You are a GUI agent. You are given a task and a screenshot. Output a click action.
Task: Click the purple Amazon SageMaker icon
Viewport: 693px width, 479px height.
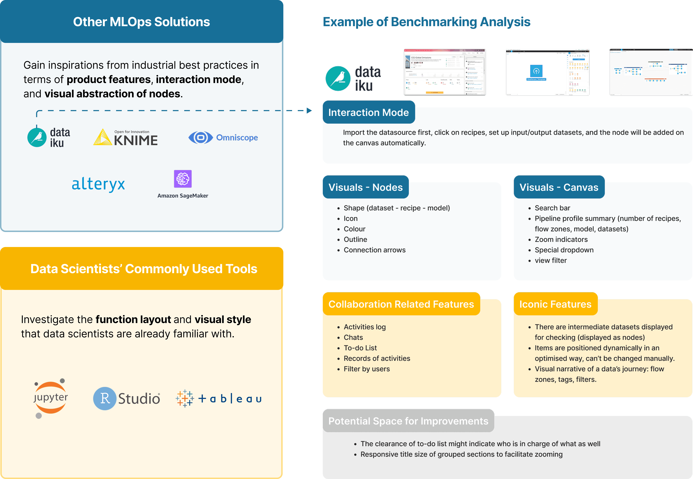[x=183, y=179]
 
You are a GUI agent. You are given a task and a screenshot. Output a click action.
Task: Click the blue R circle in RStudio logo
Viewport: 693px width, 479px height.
[x=104, y=399]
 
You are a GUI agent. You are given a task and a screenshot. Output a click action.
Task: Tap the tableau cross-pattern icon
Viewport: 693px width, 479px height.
[x=185, y=399]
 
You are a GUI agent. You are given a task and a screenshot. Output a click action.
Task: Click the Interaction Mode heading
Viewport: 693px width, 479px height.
[x=368, y=113]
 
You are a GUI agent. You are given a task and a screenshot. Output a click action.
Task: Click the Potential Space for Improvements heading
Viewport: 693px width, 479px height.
[x=408, y=421]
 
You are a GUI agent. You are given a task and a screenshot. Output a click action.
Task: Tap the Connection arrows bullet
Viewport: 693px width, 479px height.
[x=374, y=250]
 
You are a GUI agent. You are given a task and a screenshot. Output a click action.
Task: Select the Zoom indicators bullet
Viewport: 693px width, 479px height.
[x=561, y=240]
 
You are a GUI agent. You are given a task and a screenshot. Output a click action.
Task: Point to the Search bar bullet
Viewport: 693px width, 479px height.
[x=552, y=208]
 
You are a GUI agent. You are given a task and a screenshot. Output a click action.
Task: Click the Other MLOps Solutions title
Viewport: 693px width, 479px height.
[x=141, y=22]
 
